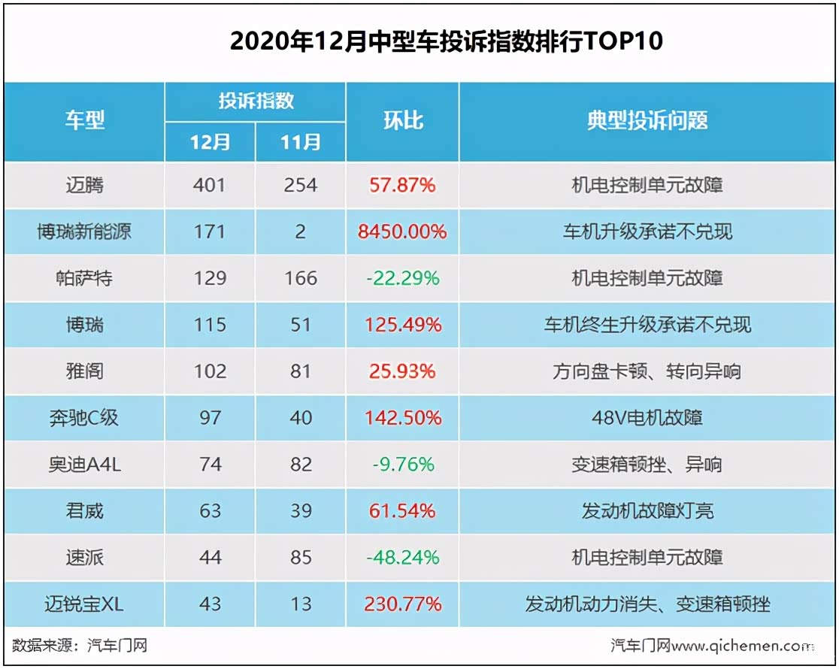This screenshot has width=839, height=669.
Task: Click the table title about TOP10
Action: pos(447,41)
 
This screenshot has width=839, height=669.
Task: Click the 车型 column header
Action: pos(84,120)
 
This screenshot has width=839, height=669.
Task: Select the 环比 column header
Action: pos(403,120)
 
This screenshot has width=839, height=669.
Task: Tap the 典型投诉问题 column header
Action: pos(647,120)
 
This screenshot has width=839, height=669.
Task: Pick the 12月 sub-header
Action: pos(210,142)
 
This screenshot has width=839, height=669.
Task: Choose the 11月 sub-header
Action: pos(301,142)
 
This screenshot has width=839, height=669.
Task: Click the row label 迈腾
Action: pos(84,185)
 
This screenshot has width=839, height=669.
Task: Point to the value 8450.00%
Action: pos(403,232)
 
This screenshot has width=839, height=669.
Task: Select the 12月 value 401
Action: pos(209,185)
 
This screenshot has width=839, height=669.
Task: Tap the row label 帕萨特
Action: pos(84,278)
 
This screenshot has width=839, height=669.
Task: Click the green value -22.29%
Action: pos(403,278)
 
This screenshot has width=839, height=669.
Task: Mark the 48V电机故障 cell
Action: pos(647,417)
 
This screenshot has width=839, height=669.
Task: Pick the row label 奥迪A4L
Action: pos(84,465)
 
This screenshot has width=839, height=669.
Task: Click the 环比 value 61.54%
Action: pos(403,511)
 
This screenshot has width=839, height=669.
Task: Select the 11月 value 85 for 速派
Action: pos(301,558)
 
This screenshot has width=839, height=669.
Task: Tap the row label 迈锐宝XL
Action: pos(84,604)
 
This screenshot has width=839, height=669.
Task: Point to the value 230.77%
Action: pos(403,604)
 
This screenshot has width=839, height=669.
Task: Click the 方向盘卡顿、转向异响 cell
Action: pos(647,371)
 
